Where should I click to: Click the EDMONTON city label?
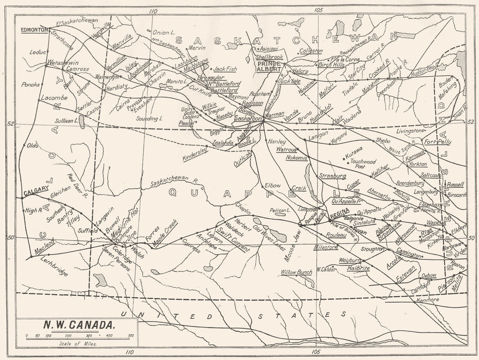point(34,30)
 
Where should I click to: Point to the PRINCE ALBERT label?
point(269,66)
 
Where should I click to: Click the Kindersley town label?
point(195,153)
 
